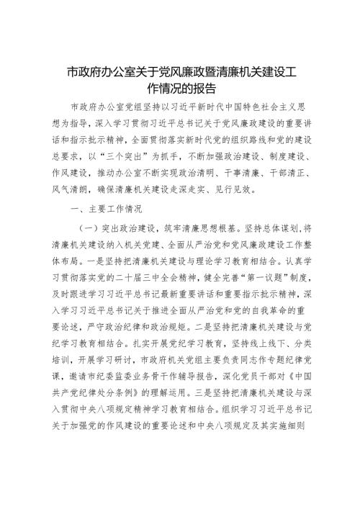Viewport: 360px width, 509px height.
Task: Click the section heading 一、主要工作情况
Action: (109, 210)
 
